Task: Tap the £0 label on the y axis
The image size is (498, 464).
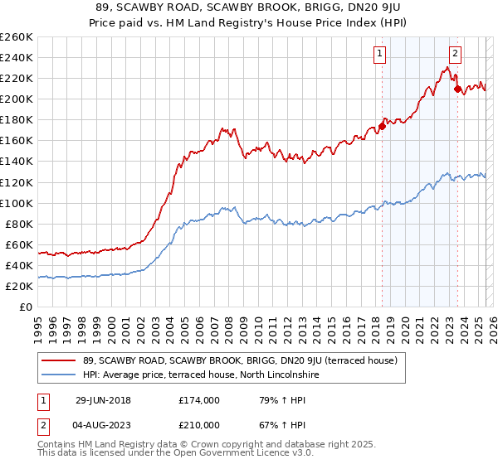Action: tap(25, 307)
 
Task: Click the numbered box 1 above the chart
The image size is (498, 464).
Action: tap(379, 55)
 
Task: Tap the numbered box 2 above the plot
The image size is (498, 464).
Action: tap(456, 55)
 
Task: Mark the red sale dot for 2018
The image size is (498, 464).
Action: tap(382, 127)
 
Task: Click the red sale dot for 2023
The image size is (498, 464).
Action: tap(456, 89)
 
